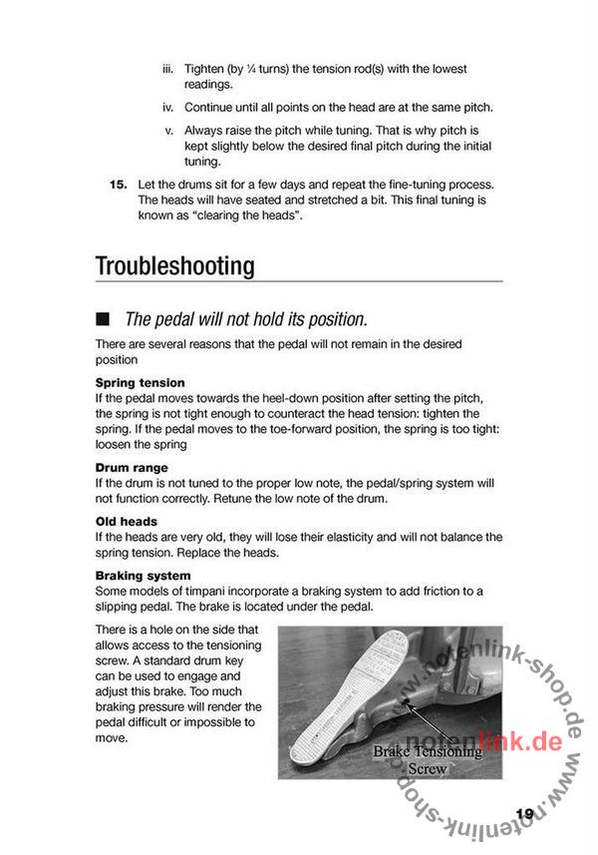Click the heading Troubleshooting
click(174, 266)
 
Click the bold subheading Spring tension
click(140, 382)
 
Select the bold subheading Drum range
click(132, 467)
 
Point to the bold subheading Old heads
click(126, 522)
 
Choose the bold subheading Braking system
click(144, 576)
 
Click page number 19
click(525, 814)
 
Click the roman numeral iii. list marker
click(168, 70)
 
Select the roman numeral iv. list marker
click(168, 108)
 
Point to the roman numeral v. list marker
click(169, 131)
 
